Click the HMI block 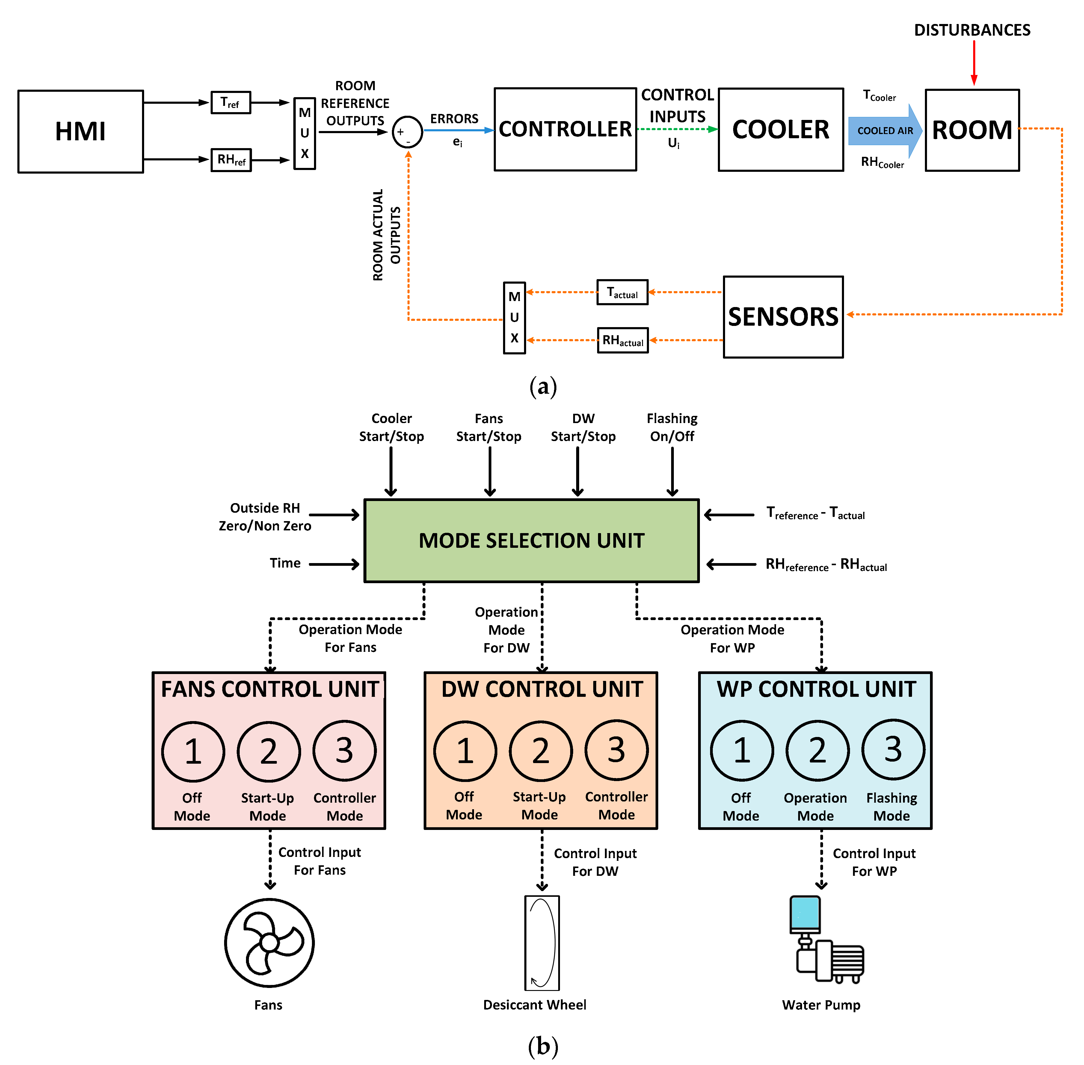point(81,131)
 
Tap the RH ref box point(231,160)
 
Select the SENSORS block point(783,317)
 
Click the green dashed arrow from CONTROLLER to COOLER point(677,129)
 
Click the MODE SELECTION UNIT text point(531,540)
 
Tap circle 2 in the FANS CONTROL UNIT point(268,751)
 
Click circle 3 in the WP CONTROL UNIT point(893,750)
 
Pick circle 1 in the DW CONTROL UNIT point(465,751)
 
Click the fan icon point(269,942)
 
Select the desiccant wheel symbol point(542,942)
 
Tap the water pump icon point(825,940)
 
